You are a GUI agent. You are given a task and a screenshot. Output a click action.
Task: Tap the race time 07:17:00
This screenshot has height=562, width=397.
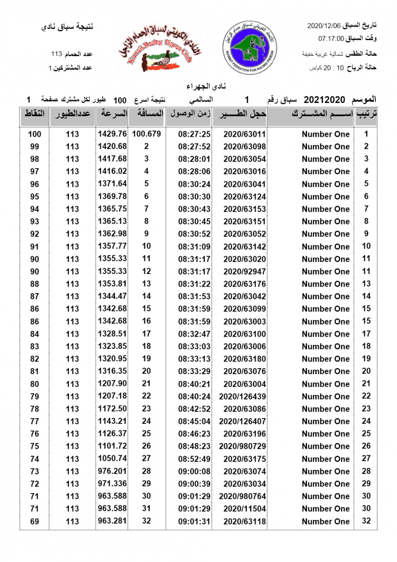(331, 38)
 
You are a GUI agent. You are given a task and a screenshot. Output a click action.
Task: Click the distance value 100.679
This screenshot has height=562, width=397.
(147, 134)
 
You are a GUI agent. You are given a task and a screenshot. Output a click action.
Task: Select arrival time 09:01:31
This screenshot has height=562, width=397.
(195, 522)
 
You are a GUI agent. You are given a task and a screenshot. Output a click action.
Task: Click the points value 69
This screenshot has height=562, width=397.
(35, 522)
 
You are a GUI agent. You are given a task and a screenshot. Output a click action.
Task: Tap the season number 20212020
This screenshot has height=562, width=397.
(324, 100)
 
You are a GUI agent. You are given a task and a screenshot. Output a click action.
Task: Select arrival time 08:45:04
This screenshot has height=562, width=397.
(195, 421)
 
